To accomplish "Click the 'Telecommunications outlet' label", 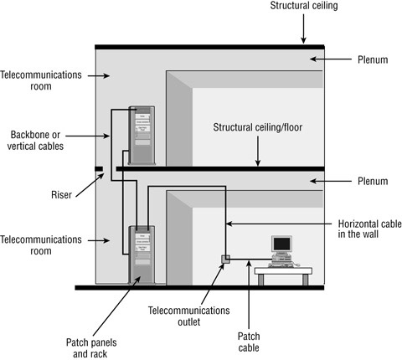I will [x=188, y=316].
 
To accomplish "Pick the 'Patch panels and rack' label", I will [x=88, y=347].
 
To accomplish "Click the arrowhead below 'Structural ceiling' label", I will [x=304, y=39].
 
